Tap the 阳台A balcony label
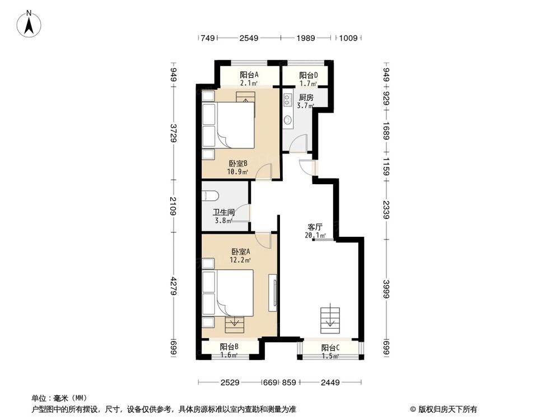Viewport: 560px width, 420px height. (249, 75)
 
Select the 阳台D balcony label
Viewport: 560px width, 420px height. (308, 75)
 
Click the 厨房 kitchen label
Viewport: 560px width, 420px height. (306, 97)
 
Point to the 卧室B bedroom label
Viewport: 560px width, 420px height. (238, 164)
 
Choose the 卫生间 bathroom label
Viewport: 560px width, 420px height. (223, 213)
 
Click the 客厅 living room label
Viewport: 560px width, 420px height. (314, 227)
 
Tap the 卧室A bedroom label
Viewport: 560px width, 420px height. (240, 252)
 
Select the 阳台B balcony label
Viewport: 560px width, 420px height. (229, 347)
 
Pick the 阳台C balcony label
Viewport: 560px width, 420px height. (330, 348)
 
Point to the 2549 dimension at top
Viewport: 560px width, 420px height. (248, 38)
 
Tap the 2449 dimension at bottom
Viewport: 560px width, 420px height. (331, 382)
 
